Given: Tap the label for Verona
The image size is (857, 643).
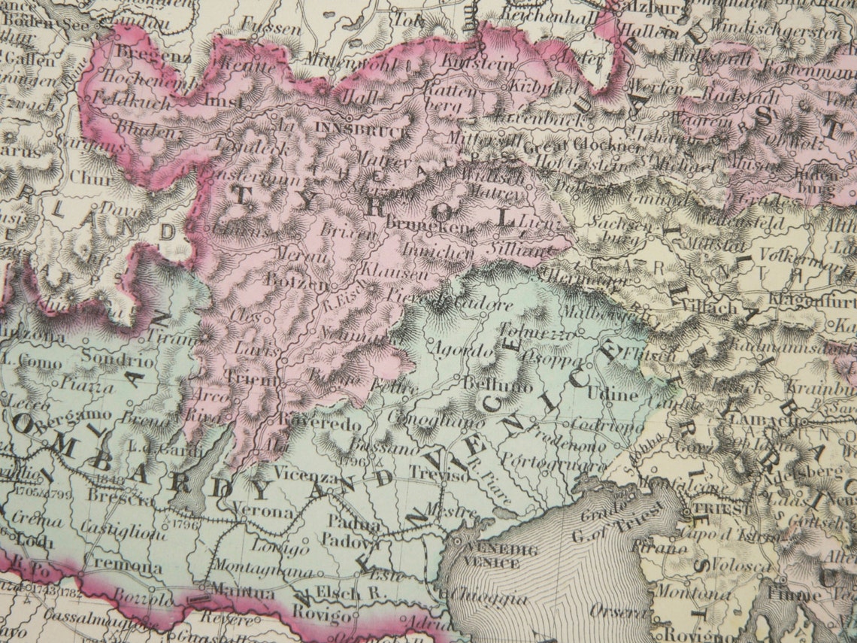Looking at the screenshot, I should [x=265, y=511].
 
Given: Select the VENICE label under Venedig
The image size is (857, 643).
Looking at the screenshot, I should [x=492, y=563].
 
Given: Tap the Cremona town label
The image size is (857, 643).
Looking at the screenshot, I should [x=114, y=565].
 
